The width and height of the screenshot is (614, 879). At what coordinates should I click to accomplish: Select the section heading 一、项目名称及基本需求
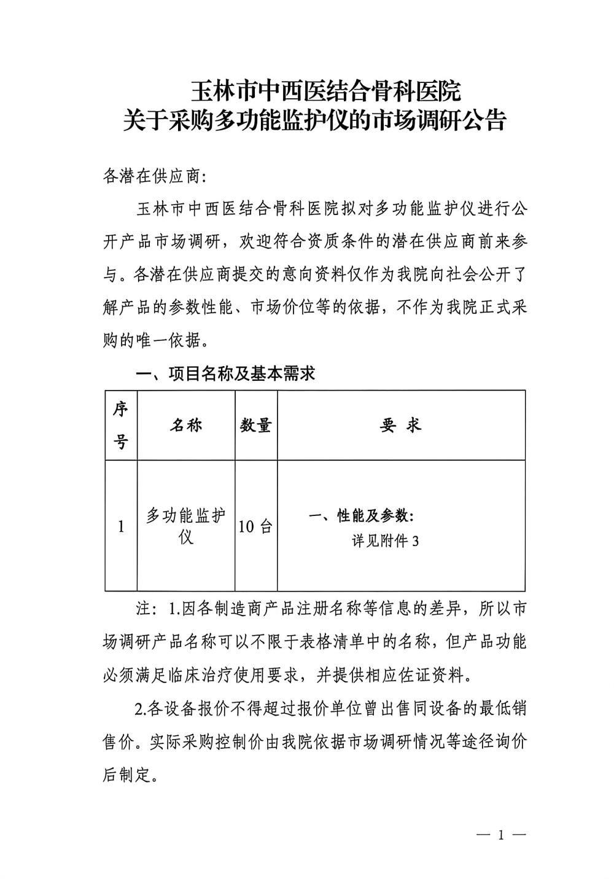[225, 373]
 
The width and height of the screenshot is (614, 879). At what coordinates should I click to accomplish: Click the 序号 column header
[120, 425]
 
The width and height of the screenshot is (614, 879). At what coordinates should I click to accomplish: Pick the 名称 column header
[185, 425]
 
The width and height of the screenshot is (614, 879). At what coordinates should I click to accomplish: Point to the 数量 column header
[255, 425]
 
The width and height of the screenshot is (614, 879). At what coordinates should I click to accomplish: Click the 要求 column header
[400, 425]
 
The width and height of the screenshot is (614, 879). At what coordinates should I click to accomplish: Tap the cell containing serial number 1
[121, 526]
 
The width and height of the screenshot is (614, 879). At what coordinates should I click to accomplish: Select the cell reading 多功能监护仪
[185, 526]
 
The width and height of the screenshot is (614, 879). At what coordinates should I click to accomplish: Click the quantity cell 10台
[255, 526]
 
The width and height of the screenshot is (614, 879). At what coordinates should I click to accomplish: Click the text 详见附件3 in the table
[385, 541]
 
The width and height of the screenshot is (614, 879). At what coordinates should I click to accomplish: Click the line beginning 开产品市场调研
[314, 241]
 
